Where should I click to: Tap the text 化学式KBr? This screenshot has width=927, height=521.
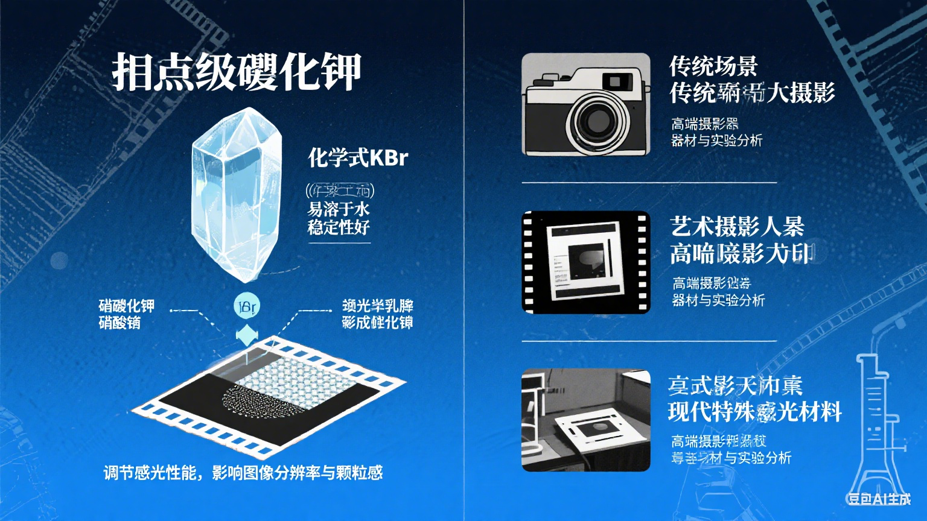point(358,158)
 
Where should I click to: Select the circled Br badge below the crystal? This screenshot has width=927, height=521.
point(246,306)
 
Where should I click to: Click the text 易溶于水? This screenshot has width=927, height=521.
point(338,210)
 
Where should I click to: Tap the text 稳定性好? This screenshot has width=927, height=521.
point(338,228)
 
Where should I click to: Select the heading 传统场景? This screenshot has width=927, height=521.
point(713,66)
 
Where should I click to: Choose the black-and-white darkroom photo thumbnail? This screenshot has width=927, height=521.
point(585,420)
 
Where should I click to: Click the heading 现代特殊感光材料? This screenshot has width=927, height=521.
point(754,412)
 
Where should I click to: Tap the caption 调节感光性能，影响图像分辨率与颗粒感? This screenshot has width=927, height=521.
point(243,473)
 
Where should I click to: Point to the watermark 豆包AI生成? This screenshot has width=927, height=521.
point(879,499)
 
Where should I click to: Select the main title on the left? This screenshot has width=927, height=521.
point(237,73)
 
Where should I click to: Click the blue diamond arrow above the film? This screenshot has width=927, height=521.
point(246,334)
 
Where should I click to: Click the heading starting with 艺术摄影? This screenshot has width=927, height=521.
point(737,227)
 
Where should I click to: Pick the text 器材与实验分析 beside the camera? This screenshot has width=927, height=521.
point(717,141)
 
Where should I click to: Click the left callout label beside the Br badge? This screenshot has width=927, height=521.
point(127,314)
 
